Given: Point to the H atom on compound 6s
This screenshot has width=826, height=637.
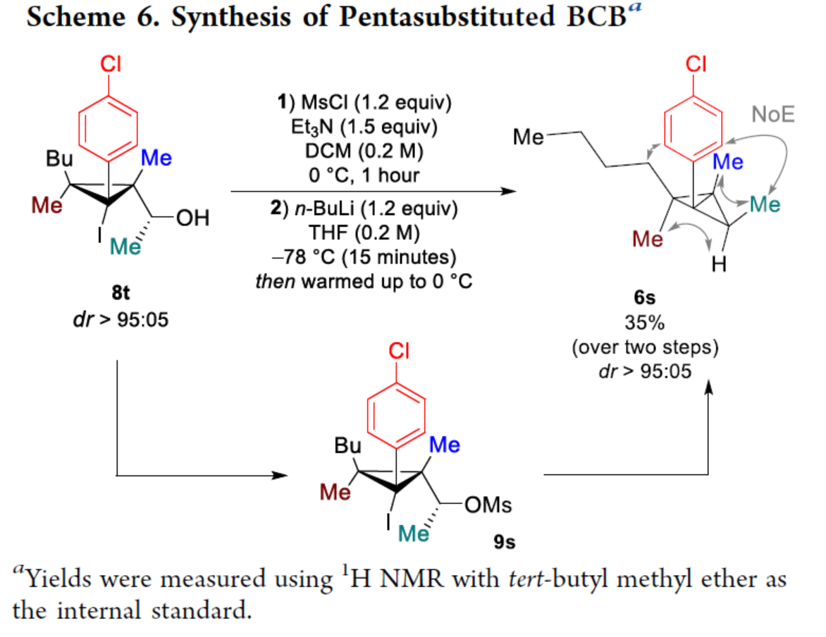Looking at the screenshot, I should click(718, 266).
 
